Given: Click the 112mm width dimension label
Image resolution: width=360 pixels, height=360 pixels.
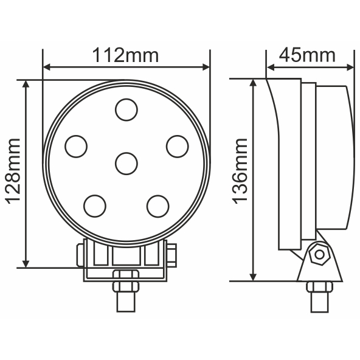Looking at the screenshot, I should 126,55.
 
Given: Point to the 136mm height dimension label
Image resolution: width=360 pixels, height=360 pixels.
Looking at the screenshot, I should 240,170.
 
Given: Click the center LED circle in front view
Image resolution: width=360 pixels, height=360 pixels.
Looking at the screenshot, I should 126,163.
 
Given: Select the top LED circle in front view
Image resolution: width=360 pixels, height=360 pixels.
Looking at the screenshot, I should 126,110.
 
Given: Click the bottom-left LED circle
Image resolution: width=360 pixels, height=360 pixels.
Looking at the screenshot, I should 95,206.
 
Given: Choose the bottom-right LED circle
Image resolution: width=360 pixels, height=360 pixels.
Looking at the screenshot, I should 157,206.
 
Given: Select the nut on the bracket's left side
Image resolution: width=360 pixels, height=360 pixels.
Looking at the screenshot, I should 79,255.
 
